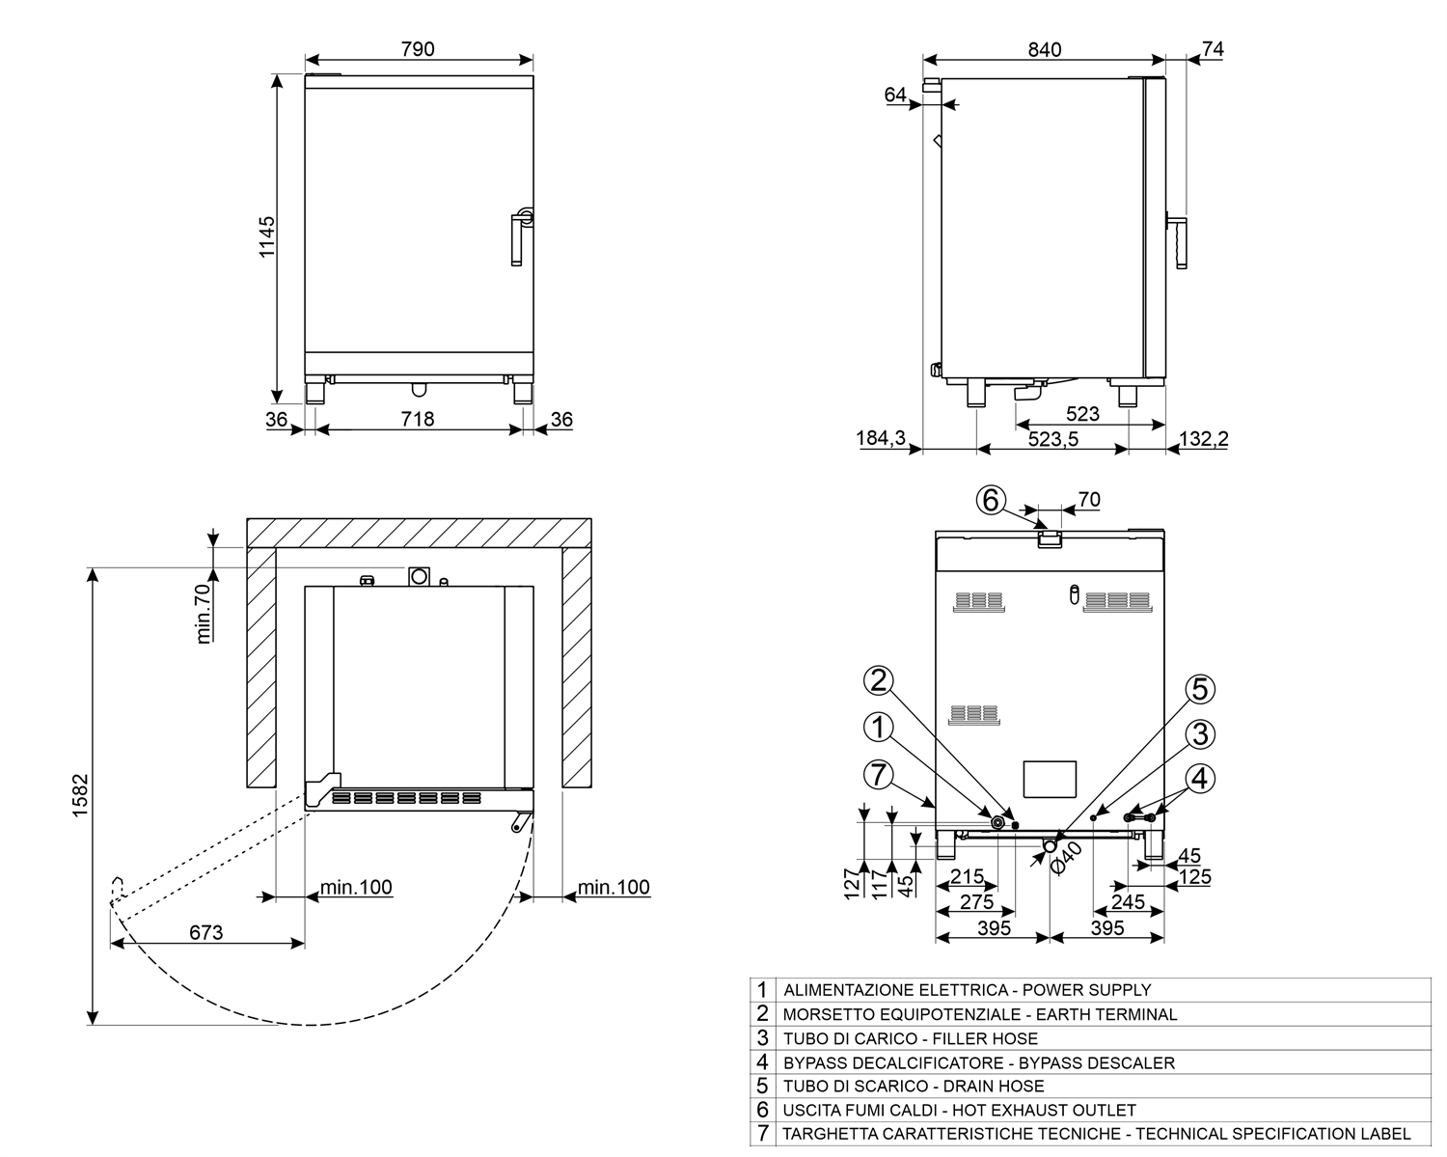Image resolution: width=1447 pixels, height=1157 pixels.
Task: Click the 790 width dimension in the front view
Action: (x=418, y=48)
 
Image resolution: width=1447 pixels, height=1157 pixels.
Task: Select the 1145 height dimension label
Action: (x=266, y=235)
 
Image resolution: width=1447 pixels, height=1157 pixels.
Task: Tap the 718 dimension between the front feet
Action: (x=418, y=419)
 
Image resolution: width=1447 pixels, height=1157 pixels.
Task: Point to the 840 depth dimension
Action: (x=1044, y=49)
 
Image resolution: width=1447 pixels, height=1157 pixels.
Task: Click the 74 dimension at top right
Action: (x=1213, y=49)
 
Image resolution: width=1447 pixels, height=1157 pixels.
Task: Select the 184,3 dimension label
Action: (x=881, y=439)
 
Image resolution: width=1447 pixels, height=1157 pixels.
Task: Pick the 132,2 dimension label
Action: (x=1204, y=439)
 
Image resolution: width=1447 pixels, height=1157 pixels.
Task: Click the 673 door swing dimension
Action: (x=205, y=932)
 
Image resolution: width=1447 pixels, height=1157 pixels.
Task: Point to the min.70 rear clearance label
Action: (x=204, y=613)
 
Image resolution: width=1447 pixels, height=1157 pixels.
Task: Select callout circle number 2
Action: (x=878, y=681)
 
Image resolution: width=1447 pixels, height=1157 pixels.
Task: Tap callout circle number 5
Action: (x=1199, y=689)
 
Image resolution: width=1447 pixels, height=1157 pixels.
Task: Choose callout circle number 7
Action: (x=878, y=774)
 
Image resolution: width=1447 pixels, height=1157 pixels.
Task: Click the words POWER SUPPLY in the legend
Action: (x=1086, y=990)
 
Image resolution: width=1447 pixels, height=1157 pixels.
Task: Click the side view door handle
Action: (x=1180, y=241)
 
